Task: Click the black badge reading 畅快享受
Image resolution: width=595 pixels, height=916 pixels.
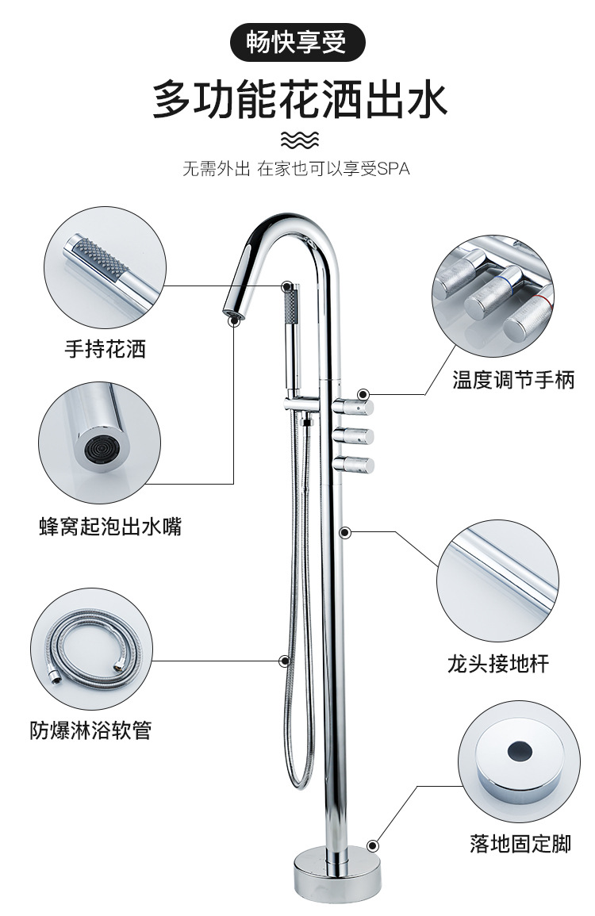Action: click(297, 42)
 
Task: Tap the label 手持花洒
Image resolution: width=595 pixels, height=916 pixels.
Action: click(106, 348)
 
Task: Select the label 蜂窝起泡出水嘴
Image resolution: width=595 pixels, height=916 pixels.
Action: click(110, 526)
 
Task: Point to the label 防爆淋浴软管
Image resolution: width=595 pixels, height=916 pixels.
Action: click(90, 729)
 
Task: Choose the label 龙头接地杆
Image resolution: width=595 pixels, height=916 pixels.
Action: click(497, 663)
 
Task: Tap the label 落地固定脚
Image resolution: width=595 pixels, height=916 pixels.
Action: click(520, 844)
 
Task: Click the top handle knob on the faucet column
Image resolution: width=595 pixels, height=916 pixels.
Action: click(354, 408)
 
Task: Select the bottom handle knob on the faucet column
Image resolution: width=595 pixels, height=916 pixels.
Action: click(354, 464)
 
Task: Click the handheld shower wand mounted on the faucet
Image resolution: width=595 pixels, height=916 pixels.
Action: click(293, 337)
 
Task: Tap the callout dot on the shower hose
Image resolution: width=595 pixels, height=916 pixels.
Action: click(285, 659)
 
